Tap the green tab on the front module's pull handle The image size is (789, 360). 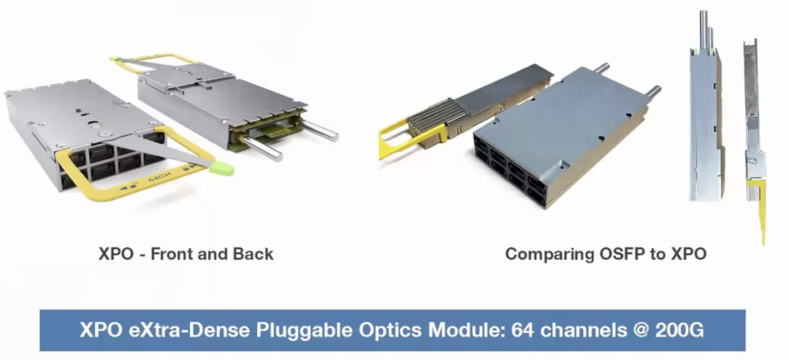tap(221, 169)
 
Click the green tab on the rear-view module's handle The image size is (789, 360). tap(114, 59)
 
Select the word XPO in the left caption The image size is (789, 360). tap(115, 254)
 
